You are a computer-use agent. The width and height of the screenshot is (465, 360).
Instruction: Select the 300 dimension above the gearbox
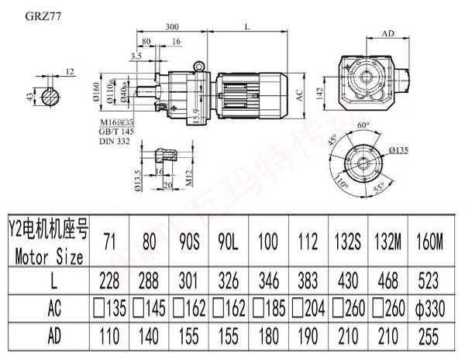point(174,27)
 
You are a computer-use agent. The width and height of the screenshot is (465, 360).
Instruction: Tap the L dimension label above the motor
point(246,27)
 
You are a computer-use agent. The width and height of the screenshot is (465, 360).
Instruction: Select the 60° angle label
point(363,124)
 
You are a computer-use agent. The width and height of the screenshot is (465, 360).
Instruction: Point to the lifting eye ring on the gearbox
point(200,68)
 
